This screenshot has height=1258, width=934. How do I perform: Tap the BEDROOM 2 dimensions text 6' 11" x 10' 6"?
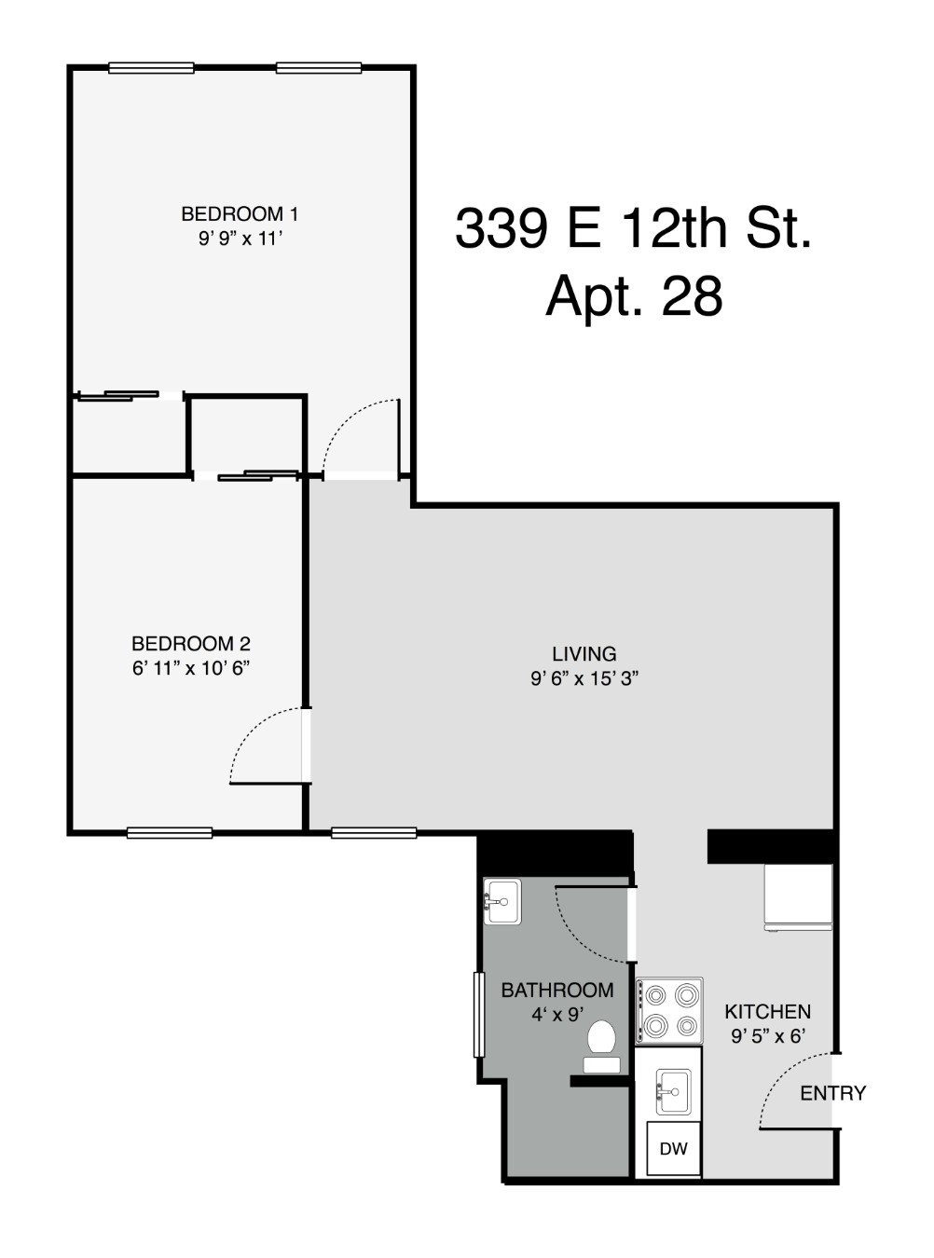192,668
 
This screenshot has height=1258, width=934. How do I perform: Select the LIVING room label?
584,654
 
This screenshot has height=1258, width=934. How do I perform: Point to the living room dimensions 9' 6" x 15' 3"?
584,679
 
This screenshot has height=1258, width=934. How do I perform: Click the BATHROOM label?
557,990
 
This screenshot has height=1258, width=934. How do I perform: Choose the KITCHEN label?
768,1011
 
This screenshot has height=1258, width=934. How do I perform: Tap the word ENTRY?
833,1093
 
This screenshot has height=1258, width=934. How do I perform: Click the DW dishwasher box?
674,1149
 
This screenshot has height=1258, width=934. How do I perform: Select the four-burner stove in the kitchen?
668,1011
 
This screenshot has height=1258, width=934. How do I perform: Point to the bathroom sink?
502,902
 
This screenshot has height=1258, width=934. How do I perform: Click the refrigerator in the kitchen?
798,897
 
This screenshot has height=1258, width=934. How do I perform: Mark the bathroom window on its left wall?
479,1014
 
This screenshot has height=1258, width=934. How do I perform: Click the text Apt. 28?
634,297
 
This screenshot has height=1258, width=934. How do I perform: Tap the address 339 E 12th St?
634,228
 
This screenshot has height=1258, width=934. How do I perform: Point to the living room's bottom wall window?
361,832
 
